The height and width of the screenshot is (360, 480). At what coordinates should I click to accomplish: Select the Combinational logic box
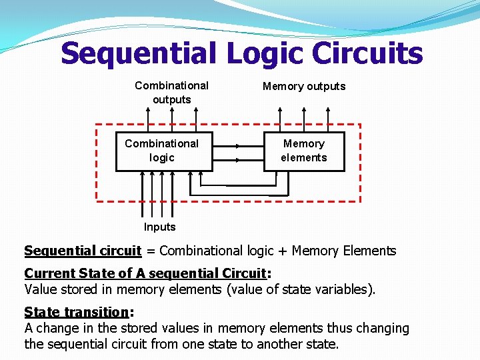[x=164, y=151]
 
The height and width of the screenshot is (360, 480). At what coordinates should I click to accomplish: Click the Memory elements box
[x=304, y=151]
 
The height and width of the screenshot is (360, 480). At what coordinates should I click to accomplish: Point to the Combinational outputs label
[x=171, y=93]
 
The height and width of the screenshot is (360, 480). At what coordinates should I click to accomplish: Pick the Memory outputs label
[x=304, y=86]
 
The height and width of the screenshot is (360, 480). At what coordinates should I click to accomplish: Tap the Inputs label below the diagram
[x=160, y=227]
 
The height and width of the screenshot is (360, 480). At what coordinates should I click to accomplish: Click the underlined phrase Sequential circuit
[x=83, y=251]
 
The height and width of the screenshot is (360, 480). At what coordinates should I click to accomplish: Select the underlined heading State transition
[x=76, y=312]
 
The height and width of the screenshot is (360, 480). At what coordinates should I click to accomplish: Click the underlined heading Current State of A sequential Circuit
[x=145, y=274]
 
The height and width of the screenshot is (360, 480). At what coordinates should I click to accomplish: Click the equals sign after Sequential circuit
[x=150, y=251]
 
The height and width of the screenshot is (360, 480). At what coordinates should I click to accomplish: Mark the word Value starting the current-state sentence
[x=41, y=289]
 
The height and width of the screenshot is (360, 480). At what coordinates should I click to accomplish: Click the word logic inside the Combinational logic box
[x=162, y=158]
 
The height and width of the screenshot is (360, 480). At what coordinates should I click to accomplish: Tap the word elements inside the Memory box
[x=304, y=158]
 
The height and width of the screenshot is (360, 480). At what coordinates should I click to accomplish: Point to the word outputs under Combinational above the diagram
[x=171, y=100]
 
